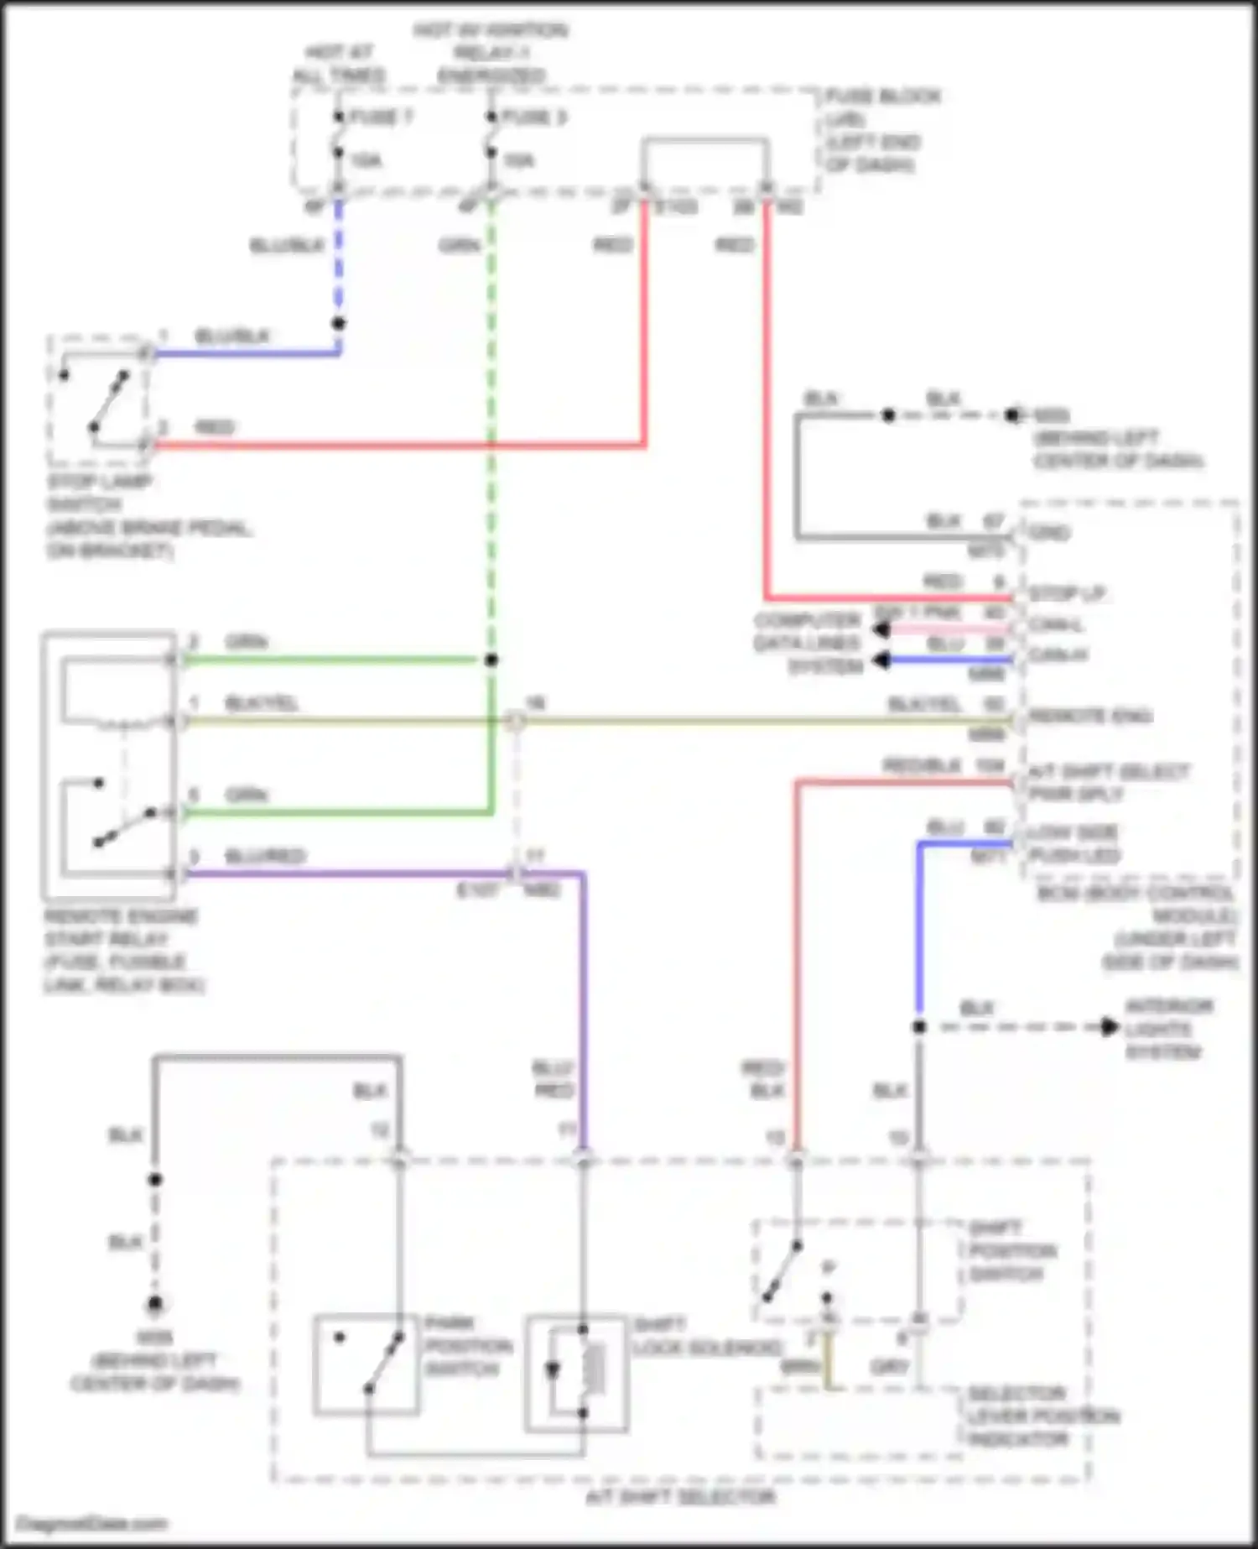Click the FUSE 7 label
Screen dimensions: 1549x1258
(x=381, y=117)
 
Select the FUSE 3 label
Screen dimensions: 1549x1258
(x=533, y=117)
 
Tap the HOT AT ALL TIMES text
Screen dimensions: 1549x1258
(x=339, y=65)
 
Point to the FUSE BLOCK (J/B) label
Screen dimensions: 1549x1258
(x=881, y=107)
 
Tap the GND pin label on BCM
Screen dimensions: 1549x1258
(x=1048, y=533)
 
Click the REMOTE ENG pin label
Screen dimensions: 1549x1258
(x=1090, y=716)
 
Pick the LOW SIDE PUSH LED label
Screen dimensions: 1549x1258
(x=1073, y=843)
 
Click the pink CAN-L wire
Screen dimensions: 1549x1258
(x=948, y=628)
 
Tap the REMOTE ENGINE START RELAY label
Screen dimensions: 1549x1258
(x=122, y=950)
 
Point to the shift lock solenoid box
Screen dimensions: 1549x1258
(x=576, y=1374)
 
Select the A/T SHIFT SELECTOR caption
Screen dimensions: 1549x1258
(x=679, y=1495)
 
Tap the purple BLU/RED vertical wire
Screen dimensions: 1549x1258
(x=584, y=1007)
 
